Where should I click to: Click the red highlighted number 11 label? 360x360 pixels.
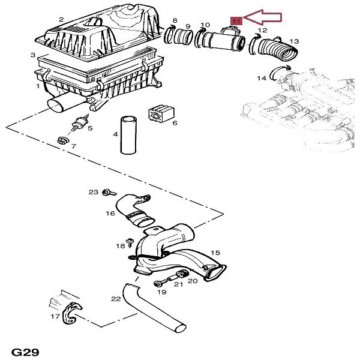236,21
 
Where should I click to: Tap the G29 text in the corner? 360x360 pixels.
25,351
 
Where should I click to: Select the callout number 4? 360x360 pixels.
115,134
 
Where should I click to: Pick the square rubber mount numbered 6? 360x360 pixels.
160,114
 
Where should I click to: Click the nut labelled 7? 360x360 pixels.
61,142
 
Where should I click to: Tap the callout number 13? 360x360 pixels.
294,41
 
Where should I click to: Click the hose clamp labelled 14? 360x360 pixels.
277,74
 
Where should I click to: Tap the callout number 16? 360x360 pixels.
110,213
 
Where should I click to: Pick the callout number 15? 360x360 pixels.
215,253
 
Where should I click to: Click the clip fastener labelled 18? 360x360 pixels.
130,243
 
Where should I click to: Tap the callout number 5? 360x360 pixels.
90,128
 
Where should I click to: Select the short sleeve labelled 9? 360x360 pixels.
185,39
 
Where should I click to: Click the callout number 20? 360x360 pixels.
192,280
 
